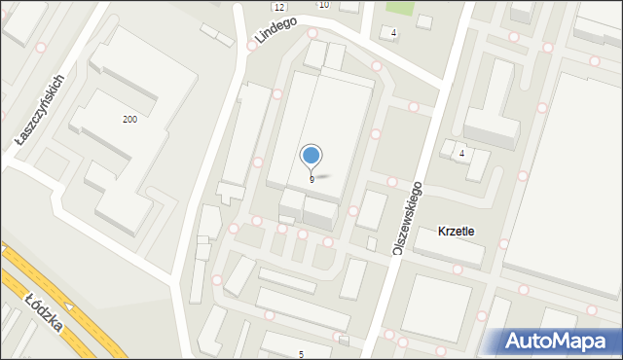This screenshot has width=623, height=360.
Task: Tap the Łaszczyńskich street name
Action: [x=40, y=114]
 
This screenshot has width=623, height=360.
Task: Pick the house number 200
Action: [x=128, y=119]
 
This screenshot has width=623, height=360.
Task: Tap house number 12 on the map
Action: [x=278, y=7]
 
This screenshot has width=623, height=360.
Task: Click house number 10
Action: [x=324, y=5]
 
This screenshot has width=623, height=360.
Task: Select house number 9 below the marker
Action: [x=311, y=179]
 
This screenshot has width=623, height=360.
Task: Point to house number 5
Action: [x=301, y=353]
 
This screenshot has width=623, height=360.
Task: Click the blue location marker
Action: [x=311, y=155]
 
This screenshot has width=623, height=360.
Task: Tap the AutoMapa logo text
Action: [x=569, y=341]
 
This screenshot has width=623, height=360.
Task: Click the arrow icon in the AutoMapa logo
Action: [x=516, y=340]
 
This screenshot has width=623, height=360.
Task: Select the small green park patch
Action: [x=399, y=7]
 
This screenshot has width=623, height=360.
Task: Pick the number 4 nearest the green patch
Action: [x=393, y=33]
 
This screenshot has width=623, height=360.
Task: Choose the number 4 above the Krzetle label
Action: [x=461, y=154]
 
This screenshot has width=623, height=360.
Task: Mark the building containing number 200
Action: [x=136, y=107]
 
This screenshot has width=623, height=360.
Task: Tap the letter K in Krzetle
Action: [x=443, y=232]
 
